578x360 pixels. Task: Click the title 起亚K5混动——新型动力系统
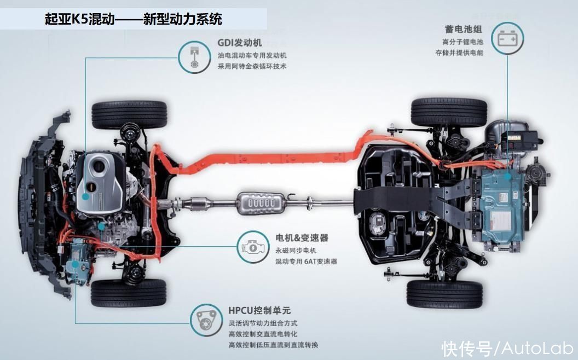(x=134, y=19)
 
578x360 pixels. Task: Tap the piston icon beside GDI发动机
(x=194, y=57)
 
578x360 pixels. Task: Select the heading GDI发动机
(x=240, y=43)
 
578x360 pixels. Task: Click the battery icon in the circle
(x=507, y=38)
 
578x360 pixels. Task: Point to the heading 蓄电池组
(x=464, y=29)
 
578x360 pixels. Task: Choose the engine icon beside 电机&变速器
(x=253, y=247)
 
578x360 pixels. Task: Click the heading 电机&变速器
(x=302, y=238)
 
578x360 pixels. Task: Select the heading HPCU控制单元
(x=259, y=311)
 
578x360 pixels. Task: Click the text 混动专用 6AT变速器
(x=306, y=262)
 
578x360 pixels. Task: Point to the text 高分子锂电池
(x=463, y=42)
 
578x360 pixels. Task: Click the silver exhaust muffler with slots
(x=262, y=203)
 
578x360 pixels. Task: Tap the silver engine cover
(x=100, y=183)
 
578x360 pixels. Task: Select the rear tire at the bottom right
(x=444, y=294)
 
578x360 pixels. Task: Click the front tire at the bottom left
(x=129, y=293)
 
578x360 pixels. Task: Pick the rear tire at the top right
(x=449, y=112)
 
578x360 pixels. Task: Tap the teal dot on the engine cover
(x=85, y=196)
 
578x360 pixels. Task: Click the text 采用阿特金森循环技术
(x=252, y=67)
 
